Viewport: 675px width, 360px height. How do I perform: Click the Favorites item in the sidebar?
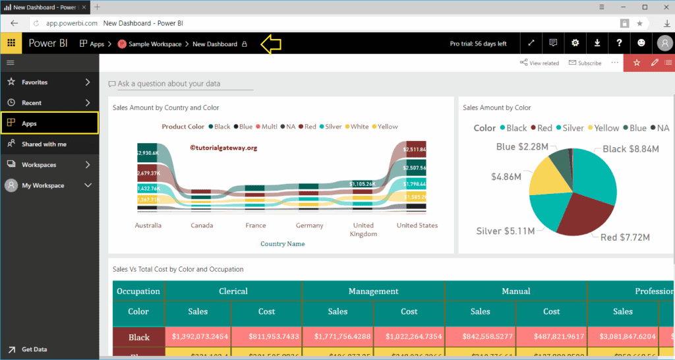[x=34, y=82]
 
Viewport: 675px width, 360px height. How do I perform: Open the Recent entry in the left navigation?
[x=31, y=103]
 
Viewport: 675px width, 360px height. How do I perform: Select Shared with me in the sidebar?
[x=44, y=144]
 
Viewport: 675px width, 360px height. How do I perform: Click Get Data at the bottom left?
[x=34, y=349]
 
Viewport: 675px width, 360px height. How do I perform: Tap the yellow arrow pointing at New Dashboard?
[x=271, y=44]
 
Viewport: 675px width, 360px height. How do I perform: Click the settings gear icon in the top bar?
[x=575, y=44]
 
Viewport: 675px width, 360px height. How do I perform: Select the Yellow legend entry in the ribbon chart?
[x=385, y=127]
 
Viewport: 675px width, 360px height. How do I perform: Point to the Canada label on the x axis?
[x=202, y=225]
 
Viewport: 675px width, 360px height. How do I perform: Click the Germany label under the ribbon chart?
[x=309, y=225]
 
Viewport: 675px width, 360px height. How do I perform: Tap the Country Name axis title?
[x=282, y=244]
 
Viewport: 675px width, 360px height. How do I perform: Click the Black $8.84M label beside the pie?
[x=631, y=149]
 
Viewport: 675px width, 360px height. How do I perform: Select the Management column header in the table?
[x=373, y=291]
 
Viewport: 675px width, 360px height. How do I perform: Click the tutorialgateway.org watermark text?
[x=223, y=148]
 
